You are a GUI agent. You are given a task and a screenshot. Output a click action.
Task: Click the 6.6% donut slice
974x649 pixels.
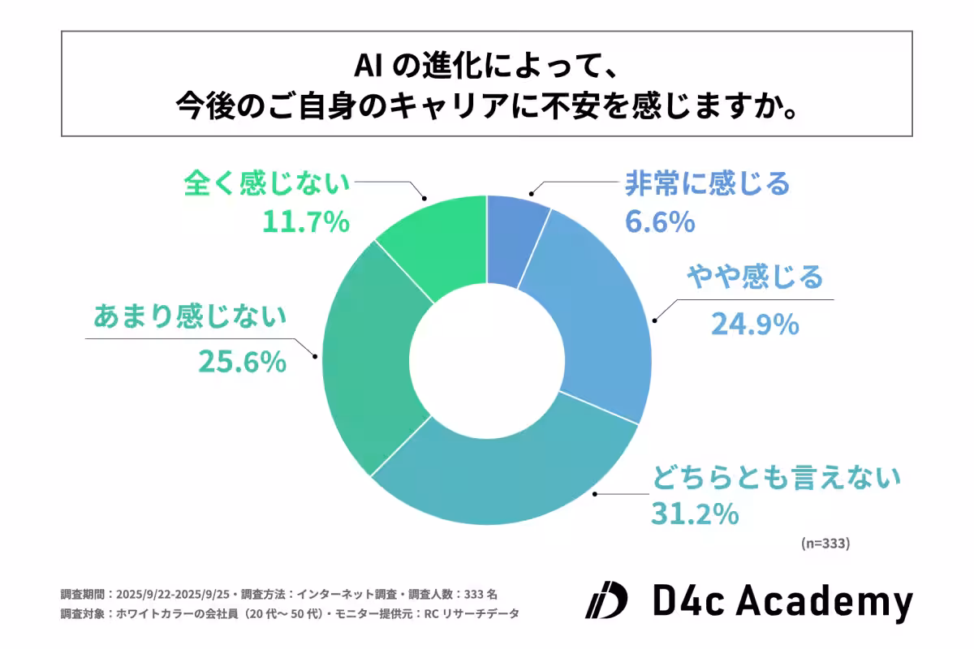(513, 239)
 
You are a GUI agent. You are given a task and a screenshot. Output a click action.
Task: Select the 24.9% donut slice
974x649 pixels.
(593, 316)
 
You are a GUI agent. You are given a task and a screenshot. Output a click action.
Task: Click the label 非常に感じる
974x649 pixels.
(706, 184)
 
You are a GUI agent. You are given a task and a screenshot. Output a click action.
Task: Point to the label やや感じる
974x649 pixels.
(754, 278)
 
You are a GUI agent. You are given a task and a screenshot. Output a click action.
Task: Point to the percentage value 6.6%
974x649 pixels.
(660, 221)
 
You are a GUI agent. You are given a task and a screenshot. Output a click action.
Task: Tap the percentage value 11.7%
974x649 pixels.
(305, 221)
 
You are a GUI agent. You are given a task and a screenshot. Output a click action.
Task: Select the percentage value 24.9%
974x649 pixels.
(755, 324)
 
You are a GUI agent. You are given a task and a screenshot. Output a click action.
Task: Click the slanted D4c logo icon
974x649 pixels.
(606, 601)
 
